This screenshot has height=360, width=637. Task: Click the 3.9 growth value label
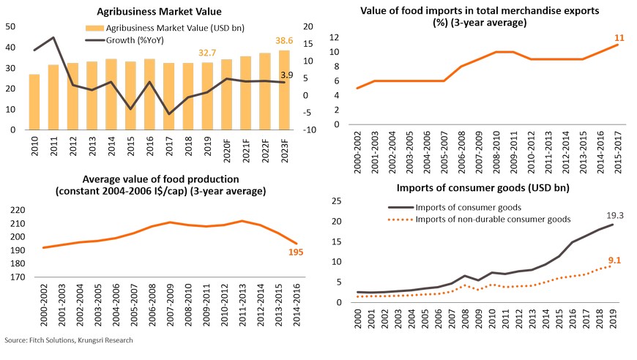click(x=287, y=75)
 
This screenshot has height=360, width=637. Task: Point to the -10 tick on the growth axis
click(x=310, y=130)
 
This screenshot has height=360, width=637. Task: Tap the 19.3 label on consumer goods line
click(x=614, y=216)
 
